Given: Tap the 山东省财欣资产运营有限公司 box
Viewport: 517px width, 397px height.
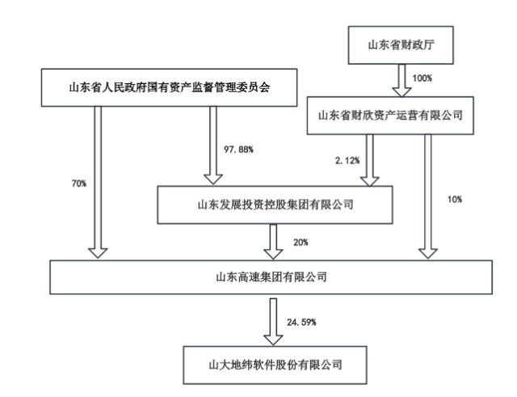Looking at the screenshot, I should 389,116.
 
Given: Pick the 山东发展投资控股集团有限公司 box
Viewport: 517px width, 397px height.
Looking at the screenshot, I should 275,205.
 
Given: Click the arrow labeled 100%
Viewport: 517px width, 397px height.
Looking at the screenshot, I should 401,80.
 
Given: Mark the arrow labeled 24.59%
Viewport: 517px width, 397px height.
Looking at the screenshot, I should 275,320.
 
